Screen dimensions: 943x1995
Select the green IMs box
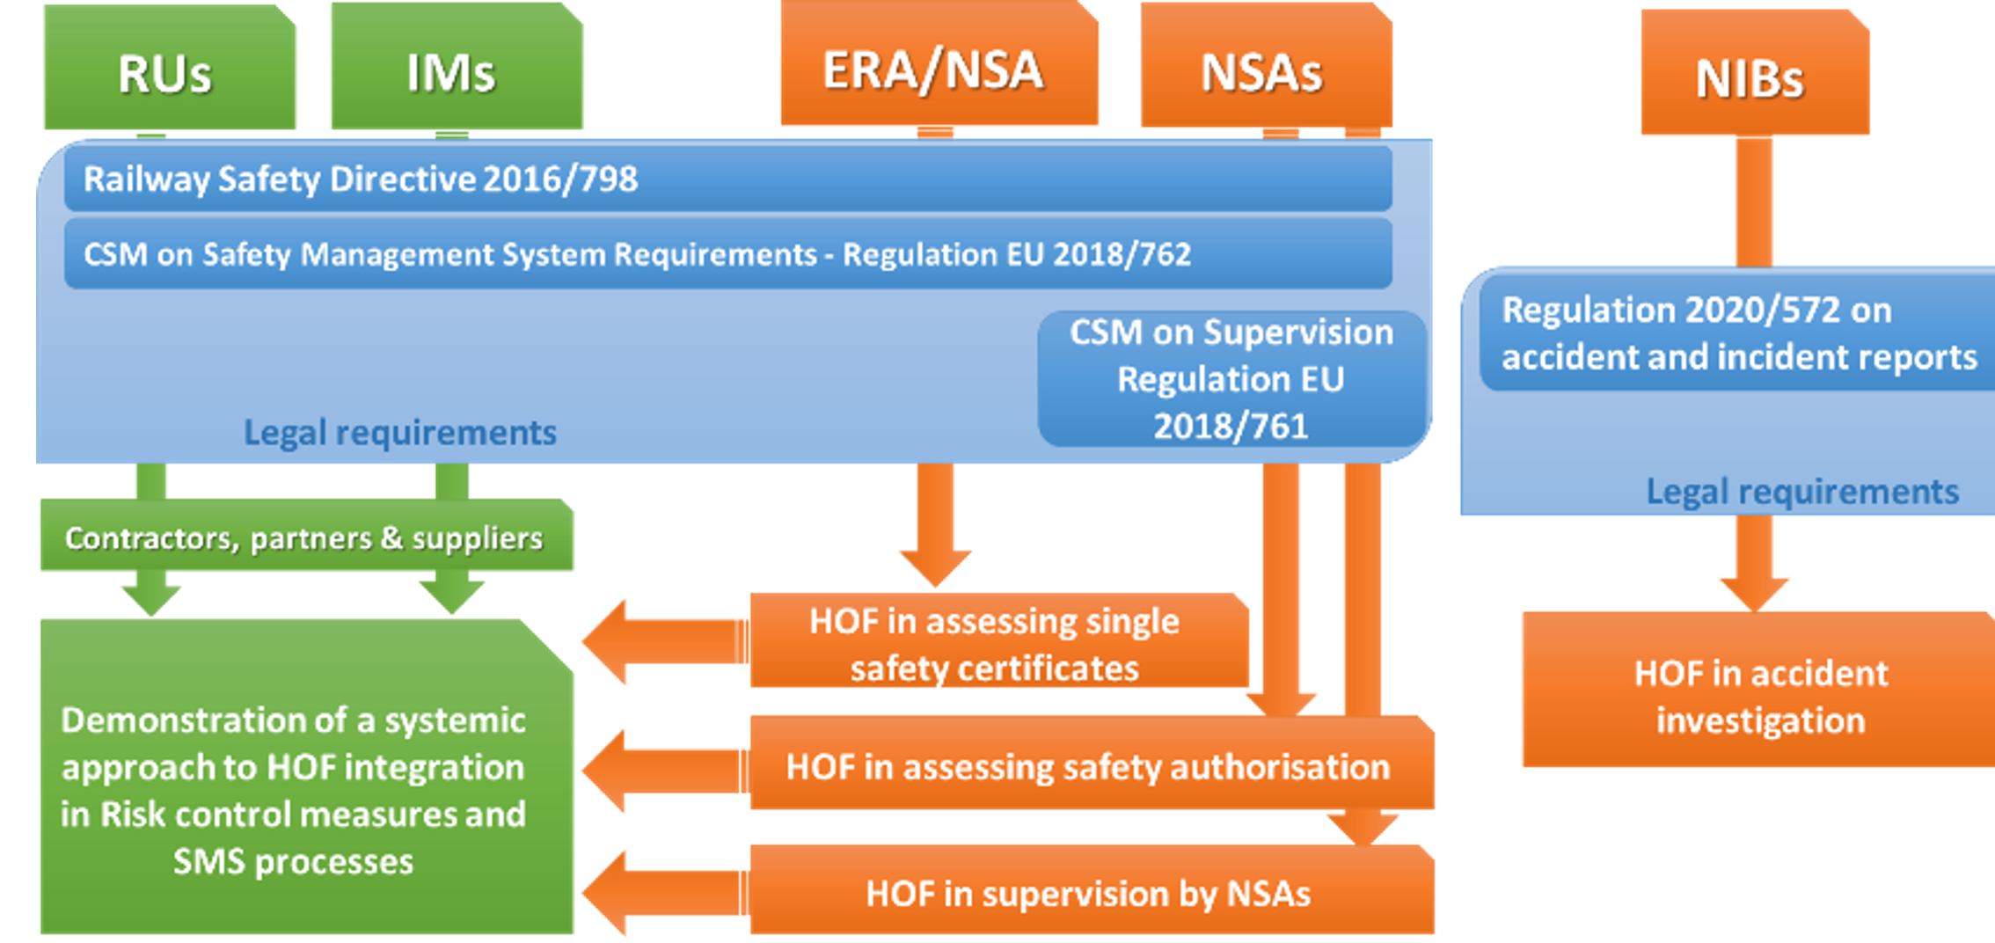click(x=456, y=70)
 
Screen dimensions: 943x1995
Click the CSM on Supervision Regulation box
click(x=1231, y=378)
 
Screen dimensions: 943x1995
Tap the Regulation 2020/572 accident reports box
click(x=1738, y=333)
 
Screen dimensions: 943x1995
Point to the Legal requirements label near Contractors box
click(x=400, y=432)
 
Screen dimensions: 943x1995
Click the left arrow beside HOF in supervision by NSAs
click(x=661, y=892)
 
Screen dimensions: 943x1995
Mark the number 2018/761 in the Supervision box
click(x=1231, y=427)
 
